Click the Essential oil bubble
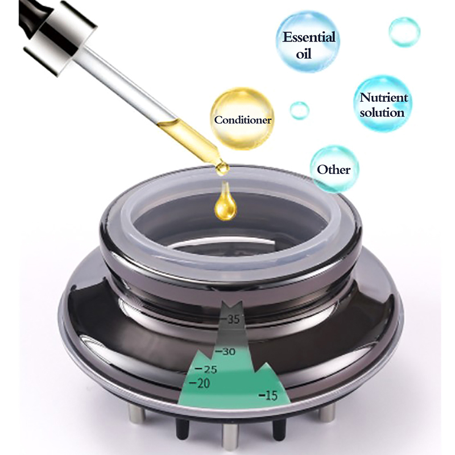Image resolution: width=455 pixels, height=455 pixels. coord(308,42)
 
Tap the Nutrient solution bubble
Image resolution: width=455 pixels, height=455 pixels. coord(383,104)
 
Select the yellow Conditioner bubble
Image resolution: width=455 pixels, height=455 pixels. coord(242,119)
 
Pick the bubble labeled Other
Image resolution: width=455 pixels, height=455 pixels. coord(334,169)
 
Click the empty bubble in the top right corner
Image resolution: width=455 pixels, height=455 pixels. coord(404,32)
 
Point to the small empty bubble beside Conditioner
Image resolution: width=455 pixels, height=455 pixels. coord(300,110)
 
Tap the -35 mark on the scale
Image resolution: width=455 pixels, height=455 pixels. coord(230,319)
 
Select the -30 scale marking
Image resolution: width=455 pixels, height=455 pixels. coord(224,351)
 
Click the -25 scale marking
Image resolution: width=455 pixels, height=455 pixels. coord(206,369)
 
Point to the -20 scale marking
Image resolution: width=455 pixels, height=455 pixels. coord(200,383)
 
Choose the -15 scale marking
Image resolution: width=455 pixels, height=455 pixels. coord(268,395)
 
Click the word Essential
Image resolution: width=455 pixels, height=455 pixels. coord(309,37)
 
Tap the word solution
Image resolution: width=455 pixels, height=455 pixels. coord(382,112)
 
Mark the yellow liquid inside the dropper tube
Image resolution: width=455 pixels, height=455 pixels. coord(189,138)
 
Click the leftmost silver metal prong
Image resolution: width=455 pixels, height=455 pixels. coord(137,414)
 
